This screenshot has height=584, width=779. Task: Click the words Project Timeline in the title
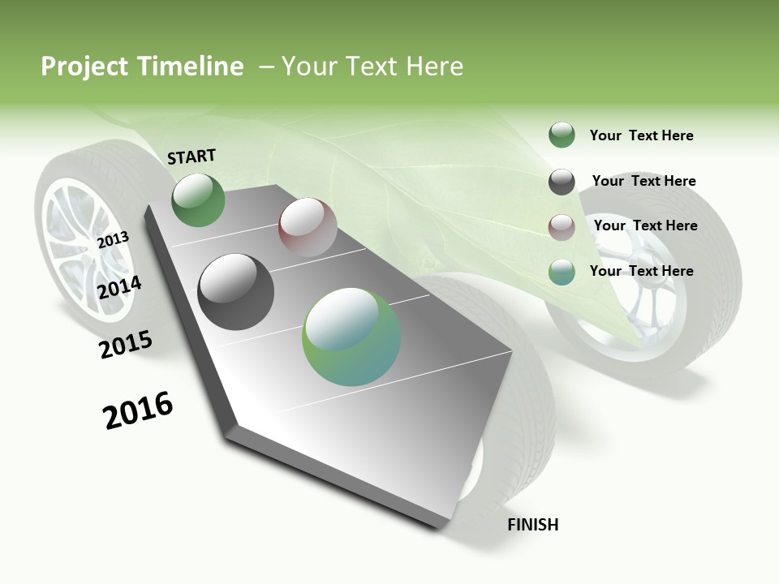click(142, 67)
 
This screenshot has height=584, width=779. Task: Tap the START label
click(192, 157)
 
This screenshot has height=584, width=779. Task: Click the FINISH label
click(533, 525)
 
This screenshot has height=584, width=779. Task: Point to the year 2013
click(113, 240)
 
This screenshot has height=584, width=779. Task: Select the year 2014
click(119, 287)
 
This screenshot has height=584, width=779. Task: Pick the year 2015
click(126, 344)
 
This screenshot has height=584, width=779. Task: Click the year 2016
click(138, 410)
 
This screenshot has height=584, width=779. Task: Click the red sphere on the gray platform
click(308, 227)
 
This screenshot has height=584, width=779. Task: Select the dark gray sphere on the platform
click(236, 292)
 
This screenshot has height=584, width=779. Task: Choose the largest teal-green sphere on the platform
click(351, 337)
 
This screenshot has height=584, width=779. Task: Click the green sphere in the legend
click(562, 135)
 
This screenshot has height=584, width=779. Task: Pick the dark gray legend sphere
click(562, 182)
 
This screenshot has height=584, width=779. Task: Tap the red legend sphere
click(562, 227)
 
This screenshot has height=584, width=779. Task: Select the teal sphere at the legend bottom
click(562, 272)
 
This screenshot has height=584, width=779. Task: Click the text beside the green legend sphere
click(641, 135)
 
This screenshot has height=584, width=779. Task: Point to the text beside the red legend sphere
click(645, 225)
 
